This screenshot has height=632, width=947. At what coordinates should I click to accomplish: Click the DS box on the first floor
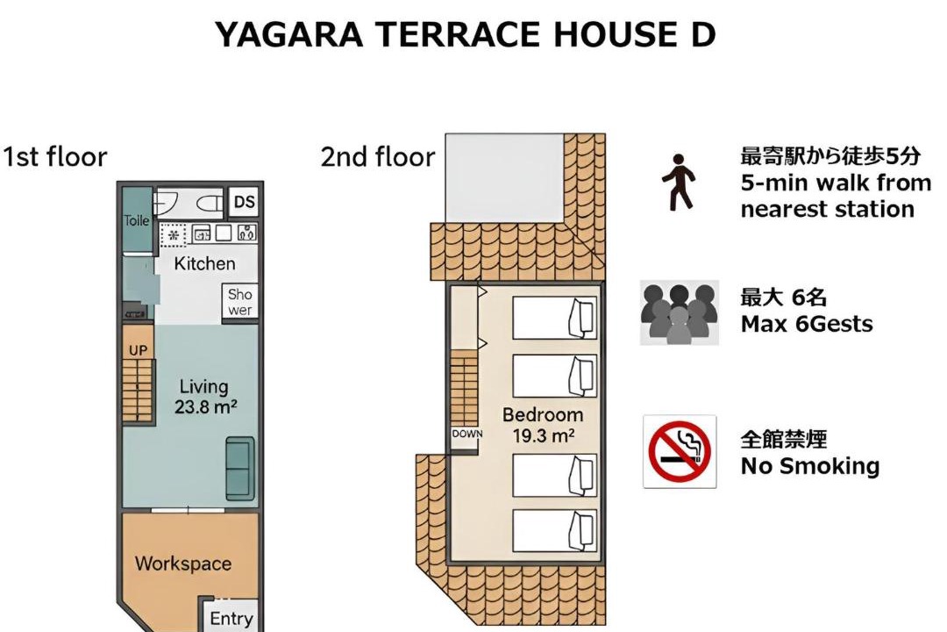pos(244,202)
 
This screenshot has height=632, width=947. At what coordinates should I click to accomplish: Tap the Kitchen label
pos(204,263)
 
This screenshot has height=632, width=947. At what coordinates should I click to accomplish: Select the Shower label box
pos(239,302)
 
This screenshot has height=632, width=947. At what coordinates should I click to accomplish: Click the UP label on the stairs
pos(138,351)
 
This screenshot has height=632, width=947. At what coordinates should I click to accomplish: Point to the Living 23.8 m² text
pos(204,397)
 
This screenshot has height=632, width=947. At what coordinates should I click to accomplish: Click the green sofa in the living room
pos(239,469)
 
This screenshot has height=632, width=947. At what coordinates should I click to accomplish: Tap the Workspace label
pos(183,564)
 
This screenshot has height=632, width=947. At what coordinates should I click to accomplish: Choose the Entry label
pos(231,619)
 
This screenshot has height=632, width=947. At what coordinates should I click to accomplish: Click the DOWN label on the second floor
pos(467,434)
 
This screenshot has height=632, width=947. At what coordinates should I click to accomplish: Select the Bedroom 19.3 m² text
pos(543,425)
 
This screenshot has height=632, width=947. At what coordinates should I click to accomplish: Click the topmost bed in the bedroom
pos(554,318)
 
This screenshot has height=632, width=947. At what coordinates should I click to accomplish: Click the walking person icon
pos(679,182)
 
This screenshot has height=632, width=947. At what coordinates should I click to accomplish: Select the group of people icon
pos(680,312)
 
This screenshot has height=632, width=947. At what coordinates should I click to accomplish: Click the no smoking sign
pos(680,451)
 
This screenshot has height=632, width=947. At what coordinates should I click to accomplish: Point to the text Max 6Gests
pos(807,324)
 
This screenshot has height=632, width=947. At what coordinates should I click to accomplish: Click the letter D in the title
pos(701,34)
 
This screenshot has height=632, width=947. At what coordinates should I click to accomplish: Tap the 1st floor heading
pos(55,156)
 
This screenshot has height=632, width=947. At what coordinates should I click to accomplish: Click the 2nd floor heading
pos(377,156)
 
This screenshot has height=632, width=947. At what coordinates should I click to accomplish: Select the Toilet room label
pos(137,220)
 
